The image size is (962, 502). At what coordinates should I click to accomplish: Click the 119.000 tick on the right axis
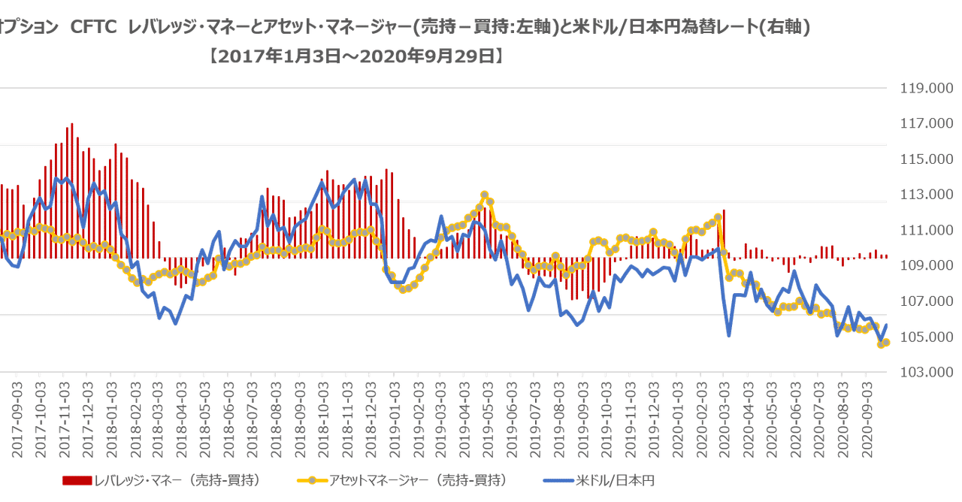[x=922, y=88]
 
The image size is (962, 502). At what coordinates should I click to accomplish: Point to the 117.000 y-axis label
[x=922, y=123]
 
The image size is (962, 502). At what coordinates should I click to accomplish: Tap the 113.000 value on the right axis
[x=922, y=195]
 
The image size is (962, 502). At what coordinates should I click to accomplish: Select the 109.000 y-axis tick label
[x=922, y=266]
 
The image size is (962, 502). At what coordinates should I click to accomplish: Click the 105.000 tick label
[x=922, y=337]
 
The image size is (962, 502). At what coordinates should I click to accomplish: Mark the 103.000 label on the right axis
[x=922, y=373]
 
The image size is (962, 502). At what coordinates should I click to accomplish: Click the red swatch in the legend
[x=77, y=480]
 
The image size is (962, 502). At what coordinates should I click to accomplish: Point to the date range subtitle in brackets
[x=357, y=56]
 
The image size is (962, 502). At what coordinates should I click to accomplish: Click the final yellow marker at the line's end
[x=886, y=343]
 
